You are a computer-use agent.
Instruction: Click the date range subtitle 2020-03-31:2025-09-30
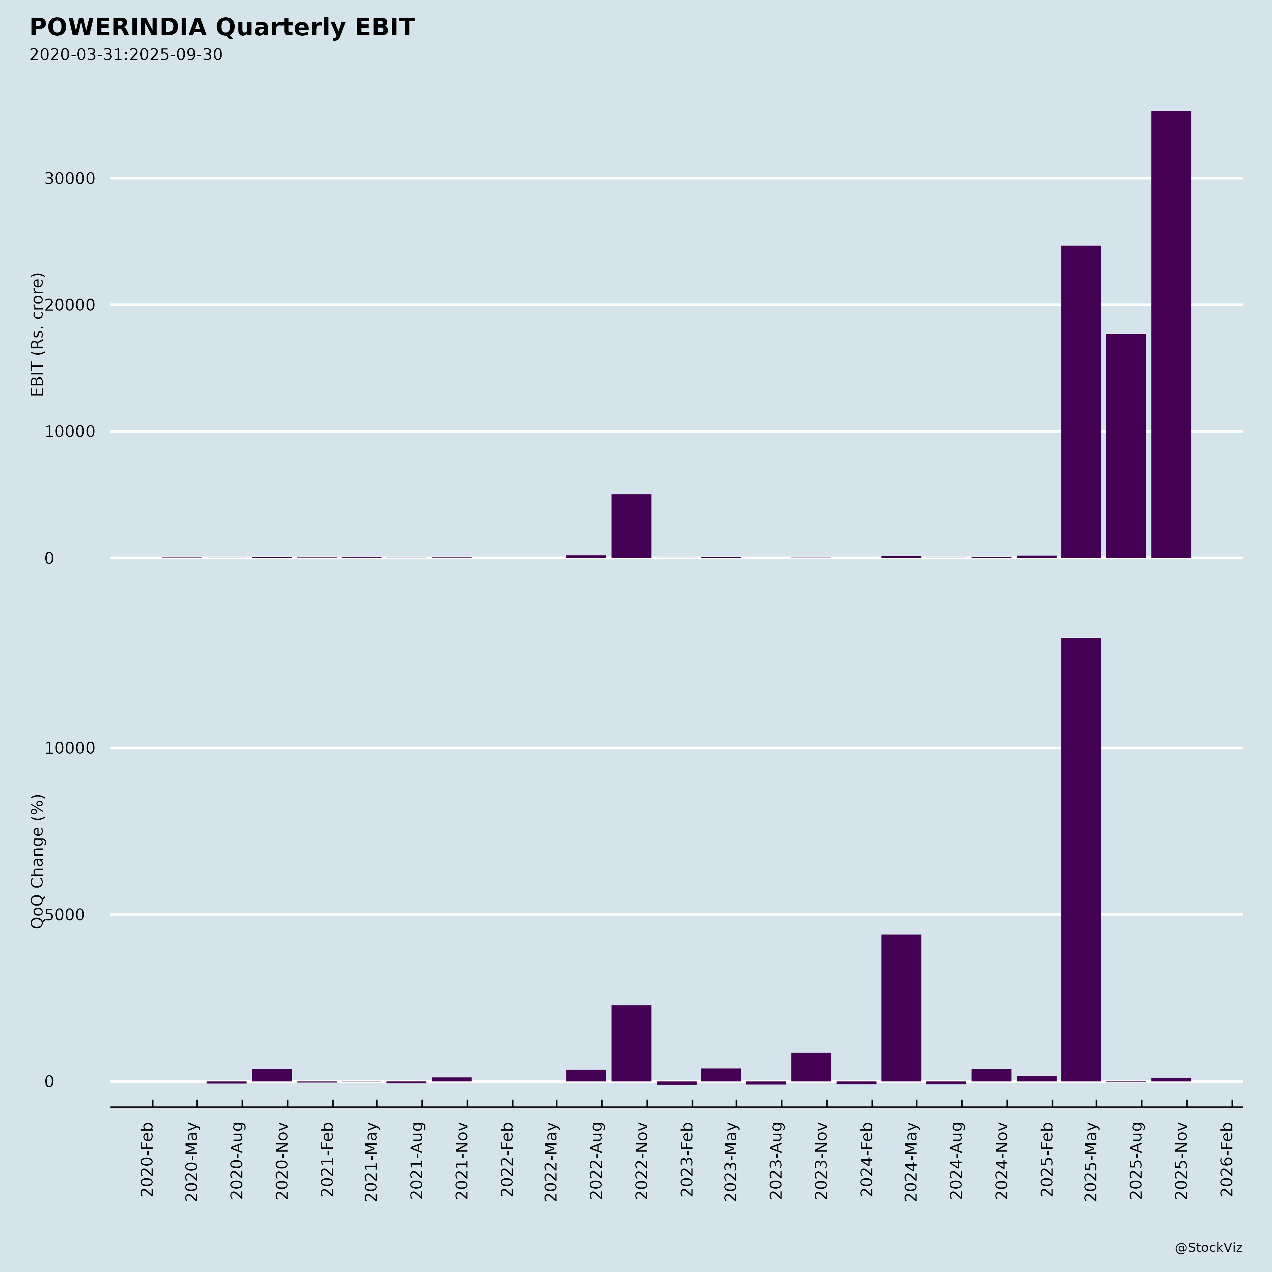point(126,55)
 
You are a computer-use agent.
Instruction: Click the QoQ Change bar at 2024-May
point(901,1007)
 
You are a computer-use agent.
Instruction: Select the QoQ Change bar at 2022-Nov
point(631,1043)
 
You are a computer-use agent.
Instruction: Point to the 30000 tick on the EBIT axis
point(70,178)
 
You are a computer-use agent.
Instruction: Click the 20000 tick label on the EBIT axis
point(70,305)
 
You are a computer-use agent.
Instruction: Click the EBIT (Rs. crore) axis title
point(37,335)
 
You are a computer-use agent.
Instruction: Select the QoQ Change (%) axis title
point(37,861)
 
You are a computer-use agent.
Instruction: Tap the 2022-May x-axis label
point(551,1162)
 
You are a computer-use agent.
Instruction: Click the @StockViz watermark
point(1208,1248)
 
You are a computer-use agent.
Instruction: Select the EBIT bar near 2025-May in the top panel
point(1080,402)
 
